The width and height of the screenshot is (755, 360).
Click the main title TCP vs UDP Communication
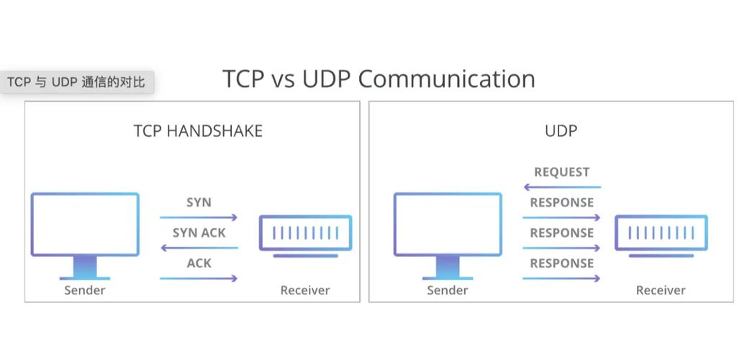[379, 78]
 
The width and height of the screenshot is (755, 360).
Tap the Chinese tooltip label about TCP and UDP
[76, 82]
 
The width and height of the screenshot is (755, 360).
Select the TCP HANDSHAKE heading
[198, 131]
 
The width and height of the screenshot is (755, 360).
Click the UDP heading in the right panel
[561, 131]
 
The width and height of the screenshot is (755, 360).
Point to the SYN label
[199, 202]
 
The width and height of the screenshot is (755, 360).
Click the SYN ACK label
[199, 233]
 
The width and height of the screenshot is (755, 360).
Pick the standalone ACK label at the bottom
[199, 263]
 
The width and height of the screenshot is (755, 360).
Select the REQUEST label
[561, 172]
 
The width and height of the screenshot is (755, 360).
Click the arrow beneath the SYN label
[199, 217]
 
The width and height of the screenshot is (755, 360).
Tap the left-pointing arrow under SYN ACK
[199, 248]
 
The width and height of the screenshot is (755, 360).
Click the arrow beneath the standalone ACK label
[199, 278]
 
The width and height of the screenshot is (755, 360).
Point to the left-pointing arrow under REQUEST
[561, 187]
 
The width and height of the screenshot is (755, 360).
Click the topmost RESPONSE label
[561, 202]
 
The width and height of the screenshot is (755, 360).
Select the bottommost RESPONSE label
[561, 263]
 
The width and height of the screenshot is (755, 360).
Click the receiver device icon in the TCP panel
[305, 234]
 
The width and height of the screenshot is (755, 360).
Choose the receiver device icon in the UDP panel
[661, 234]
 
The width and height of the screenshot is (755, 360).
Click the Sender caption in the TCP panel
[85, 290]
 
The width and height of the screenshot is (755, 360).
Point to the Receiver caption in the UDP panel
[661, 290]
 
